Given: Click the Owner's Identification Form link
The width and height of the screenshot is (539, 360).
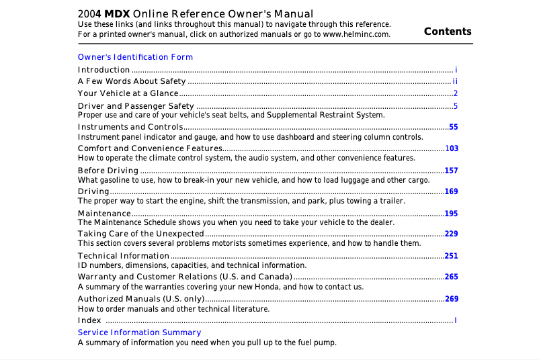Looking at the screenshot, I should pyautogui.click(x=135, y=57).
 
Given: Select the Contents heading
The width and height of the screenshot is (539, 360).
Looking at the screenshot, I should pyautogui.click(x=448, y=32).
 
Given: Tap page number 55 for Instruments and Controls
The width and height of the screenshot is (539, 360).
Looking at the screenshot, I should pyautogui.click(x=453, y=127).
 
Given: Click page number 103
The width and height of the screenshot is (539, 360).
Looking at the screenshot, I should pyautogui.click(x=451, y=148).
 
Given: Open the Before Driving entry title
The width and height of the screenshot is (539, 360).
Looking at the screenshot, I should pyautogui.click(x=108, y=171).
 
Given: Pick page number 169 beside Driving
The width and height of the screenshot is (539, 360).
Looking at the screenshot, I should pyautogui.click(x=451, y=191).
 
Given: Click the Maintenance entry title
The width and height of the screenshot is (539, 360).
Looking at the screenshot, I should pyautogui.click(x=104, y=214).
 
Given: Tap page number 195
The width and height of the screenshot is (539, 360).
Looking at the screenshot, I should pyautogui.click(x=451, y=214).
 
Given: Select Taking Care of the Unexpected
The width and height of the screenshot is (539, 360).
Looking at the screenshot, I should pyautogui.click(x=140, y=234).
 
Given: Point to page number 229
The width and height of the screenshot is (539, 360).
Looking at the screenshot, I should pyautogui.click(x=451, y=234).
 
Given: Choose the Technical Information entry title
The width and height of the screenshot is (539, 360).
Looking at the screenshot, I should pyautogui.click(x=124, y=256).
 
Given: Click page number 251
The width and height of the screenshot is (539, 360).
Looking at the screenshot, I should pyautogui.click(x=451, y=256).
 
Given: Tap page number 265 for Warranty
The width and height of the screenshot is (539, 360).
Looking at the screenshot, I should pyautogui.click(x=451, y=277).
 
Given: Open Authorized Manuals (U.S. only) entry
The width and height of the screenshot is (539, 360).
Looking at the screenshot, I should pyautogui.click(x=140, y=299).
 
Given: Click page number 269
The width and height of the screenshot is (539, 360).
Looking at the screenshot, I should pyautogui.click(x=451, y=299).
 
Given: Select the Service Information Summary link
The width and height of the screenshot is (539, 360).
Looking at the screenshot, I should pyautogui.click(x=139, y=332).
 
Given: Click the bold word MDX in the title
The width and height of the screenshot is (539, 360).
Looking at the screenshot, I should pyautogui.click(x=117, y=14).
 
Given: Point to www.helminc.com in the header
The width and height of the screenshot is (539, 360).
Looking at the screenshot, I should pyautogui.click(x=356, y=34).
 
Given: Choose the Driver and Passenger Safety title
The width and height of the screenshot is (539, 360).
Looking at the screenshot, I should pyautogui.click(x=136, y=106).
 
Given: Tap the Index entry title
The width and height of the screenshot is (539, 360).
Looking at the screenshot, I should pyautogui.click(x=89, y=320).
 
